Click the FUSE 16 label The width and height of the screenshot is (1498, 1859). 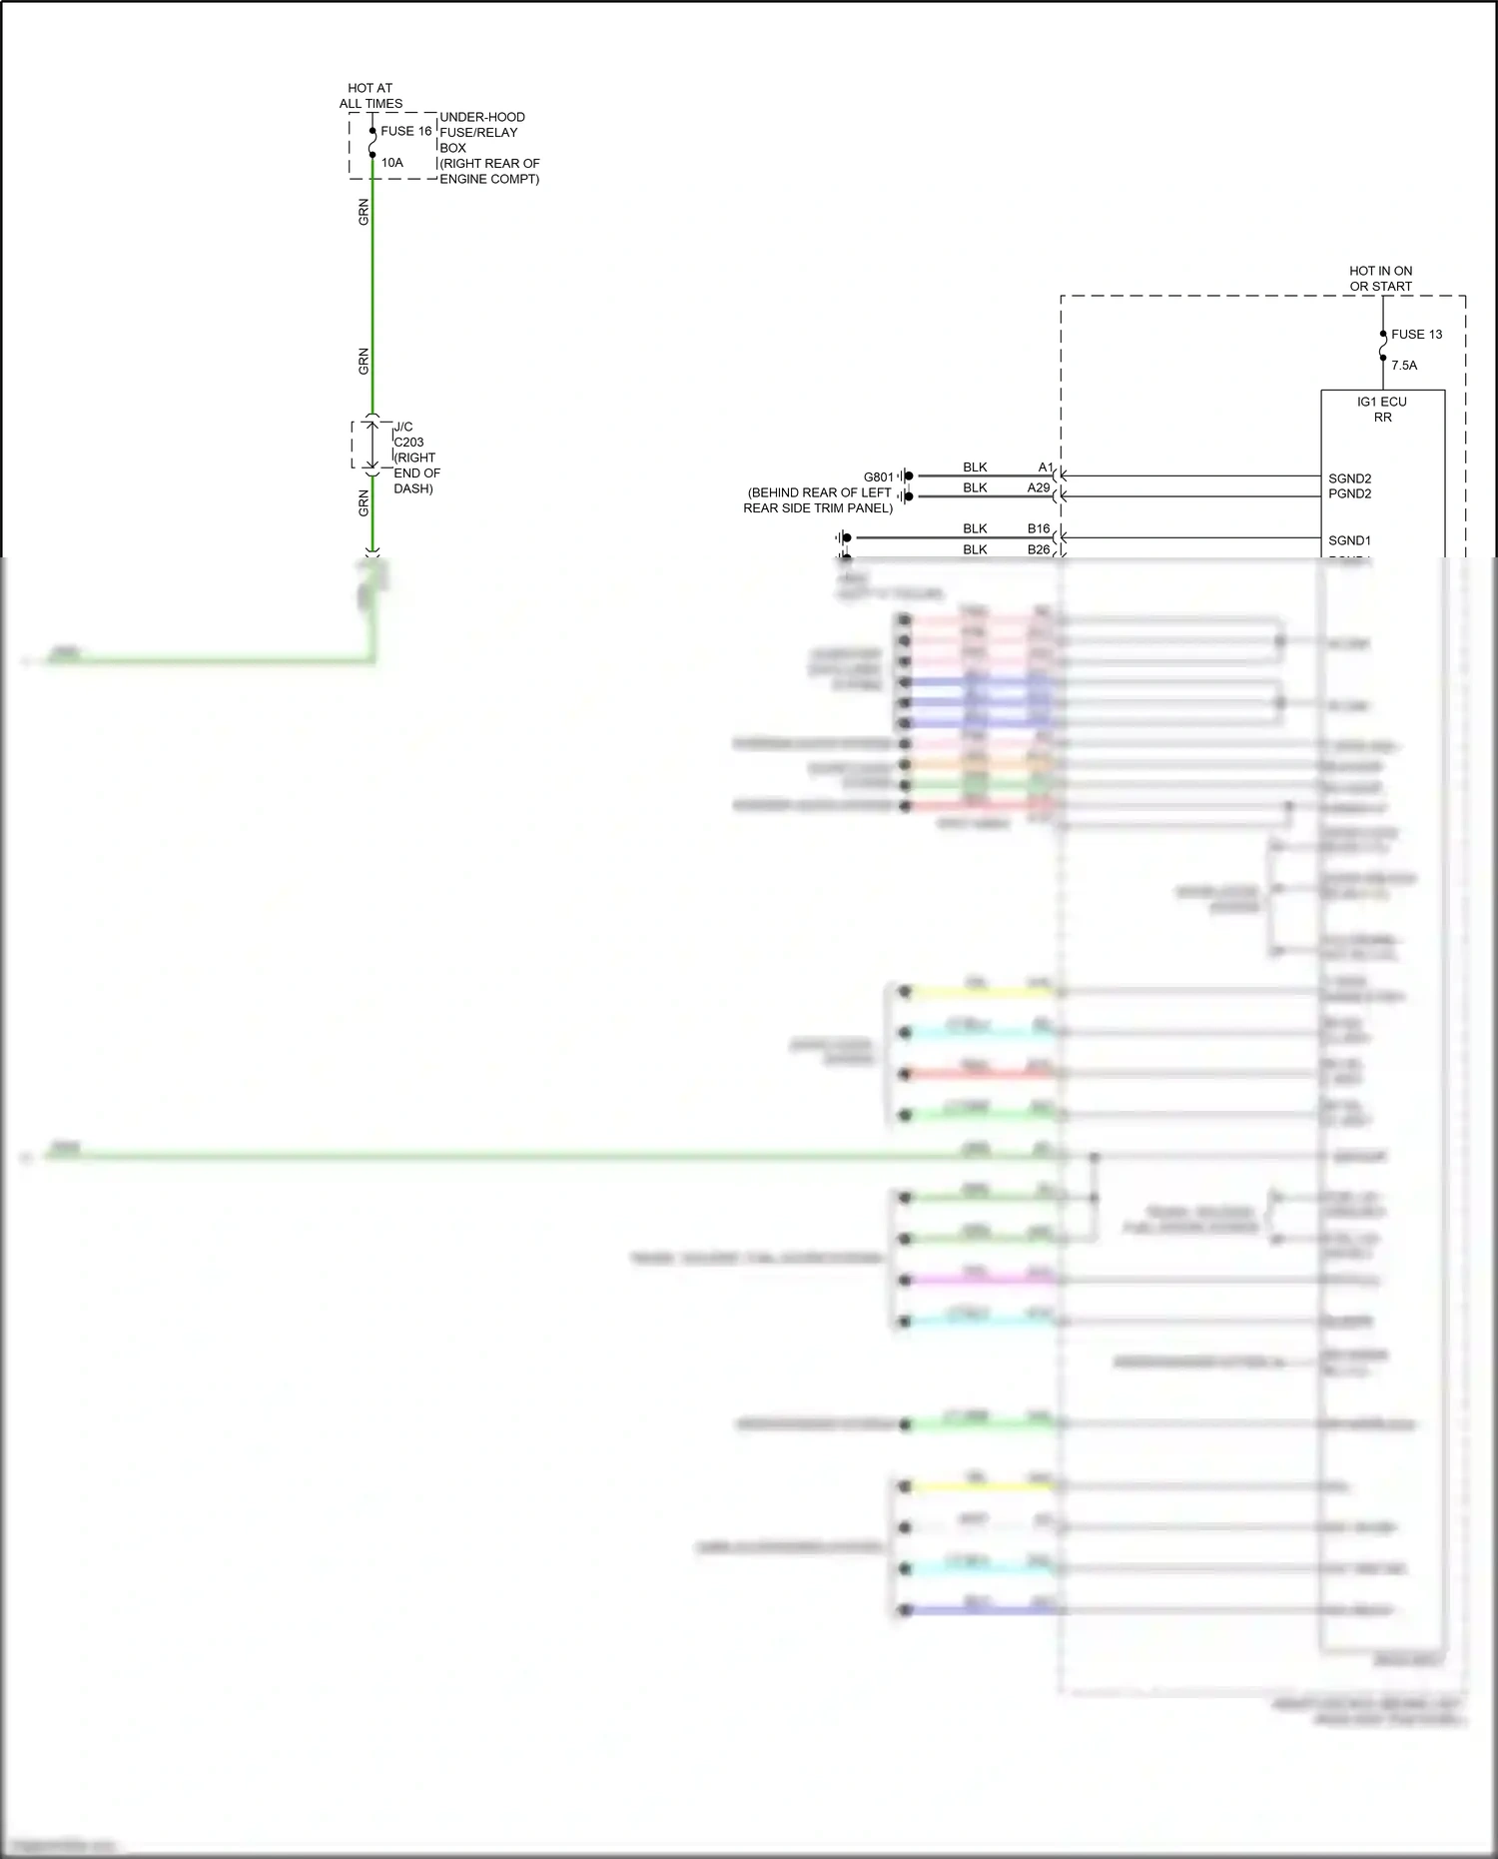coord(405,131)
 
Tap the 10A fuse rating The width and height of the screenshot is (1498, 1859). coord(391,162)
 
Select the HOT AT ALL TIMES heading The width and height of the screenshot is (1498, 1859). coord(371,96)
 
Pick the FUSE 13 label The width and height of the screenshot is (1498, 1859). coord(1416,335)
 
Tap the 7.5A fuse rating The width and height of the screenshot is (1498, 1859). coord(1403,366)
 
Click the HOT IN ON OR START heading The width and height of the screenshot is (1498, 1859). coord(1380,279)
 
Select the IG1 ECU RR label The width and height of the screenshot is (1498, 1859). coord(1381,410)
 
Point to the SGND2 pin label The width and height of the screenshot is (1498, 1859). coord(1349,478)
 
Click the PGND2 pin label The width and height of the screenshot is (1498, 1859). coord(1349,493)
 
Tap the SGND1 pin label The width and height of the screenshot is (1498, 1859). coord(1349,540)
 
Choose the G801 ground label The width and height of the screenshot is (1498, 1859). coord(878,477)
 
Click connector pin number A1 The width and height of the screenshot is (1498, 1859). coord(1045,467)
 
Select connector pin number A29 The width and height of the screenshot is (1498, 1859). coord(1039,487)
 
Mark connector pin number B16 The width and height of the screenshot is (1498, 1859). coord(1039,528)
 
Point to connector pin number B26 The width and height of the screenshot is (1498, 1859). coord(1039,549)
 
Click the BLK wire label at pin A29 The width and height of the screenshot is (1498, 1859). coord(975,487)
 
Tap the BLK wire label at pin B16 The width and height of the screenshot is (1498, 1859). coord(975,528)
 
